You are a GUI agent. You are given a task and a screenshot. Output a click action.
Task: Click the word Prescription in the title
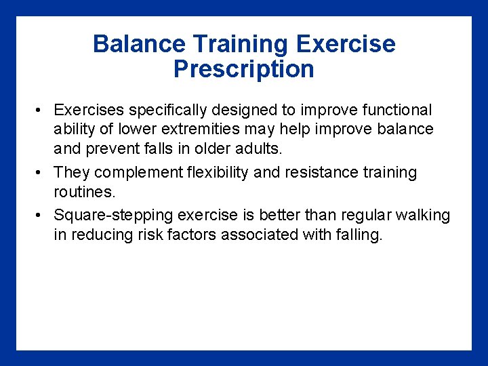[x=243, y=69]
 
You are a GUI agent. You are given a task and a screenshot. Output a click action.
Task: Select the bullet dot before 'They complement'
[x=41, y=173]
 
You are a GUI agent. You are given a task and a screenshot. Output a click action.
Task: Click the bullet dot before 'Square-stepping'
[x=41, y=216]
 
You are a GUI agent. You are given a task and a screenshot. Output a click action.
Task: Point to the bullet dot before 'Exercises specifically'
[x=41, y=110]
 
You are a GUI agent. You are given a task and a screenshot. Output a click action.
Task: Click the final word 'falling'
[x=357, y=235]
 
